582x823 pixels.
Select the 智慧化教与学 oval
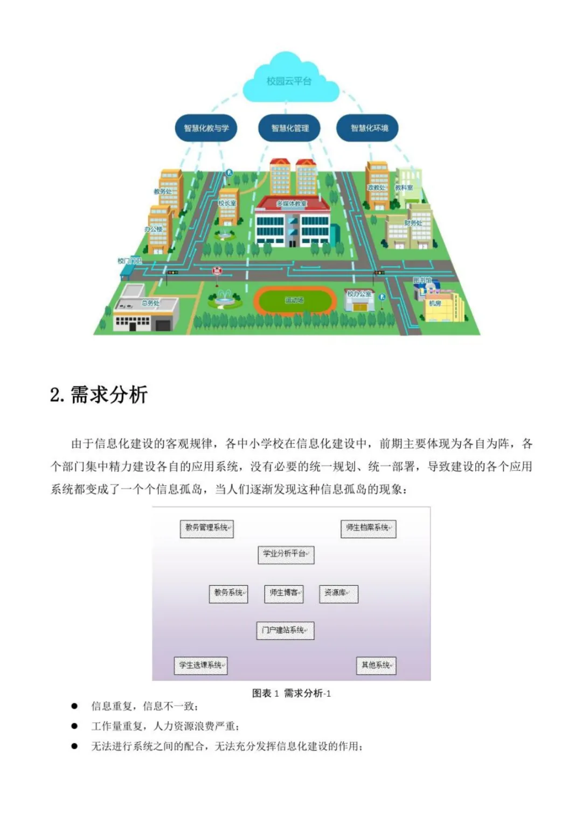pos(206,128)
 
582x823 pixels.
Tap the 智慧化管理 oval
pos(290,128)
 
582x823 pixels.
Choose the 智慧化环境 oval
pos(369,128)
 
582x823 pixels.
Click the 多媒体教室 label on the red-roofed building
pos(292,204)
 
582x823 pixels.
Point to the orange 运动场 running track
pos(294,300)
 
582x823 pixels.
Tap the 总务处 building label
pos(150,303)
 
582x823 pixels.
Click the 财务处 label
pos(413,223)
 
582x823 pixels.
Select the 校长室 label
pos(227,203)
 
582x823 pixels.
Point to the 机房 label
pos(434,303)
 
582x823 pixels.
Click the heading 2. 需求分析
pos(99,395)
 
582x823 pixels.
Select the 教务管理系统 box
pos(207,528)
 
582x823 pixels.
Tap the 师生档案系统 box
pos(369,528)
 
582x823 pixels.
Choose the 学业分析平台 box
pos(286,554)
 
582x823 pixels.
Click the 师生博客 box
pos(285,593)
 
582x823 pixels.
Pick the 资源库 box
pos(338,593)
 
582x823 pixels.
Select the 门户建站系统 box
pos(285,630)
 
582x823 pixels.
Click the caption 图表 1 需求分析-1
pos(292,693)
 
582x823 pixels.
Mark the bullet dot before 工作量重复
pos(74,726)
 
